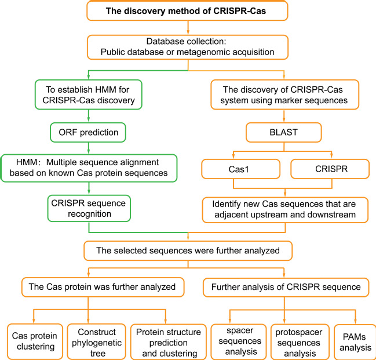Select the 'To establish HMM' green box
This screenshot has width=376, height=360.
click(x=89, y=94)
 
